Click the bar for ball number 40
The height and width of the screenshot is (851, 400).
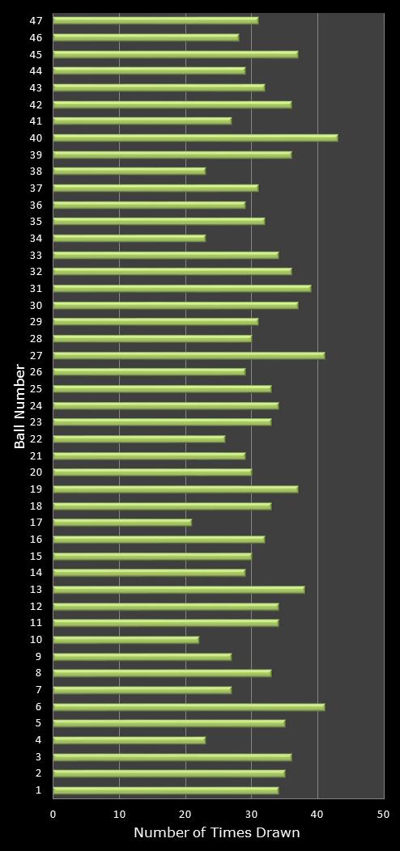[x=194, y=138]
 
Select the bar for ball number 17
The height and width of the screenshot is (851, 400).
[x=121, y=523]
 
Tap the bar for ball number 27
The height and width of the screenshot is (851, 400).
[x=188, y=355]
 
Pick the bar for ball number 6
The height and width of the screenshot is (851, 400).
[x=188, y=707]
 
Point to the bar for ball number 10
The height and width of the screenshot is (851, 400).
[x=126, y=640]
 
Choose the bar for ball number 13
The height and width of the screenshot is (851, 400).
[x=178, y=590]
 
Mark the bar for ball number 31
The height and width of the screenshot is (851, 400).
[x=181, y=288]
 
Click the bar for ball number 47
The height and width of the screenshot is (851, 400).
[x=155, y=20]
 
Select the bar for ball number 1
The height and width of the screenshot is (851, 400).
[x=165, y=790]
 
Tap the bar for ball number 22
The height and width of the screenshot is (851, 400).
[x=138, y=439]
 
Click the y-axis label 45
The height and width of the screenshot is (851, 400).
[x=36, y=54]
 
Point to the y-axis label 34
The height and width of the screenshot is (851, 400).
[x=36, y=238]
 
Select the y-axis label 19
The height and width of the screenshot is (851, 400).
[x=36, y=489]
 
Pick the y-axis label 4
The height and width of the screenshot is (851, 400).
[x=39, y=740]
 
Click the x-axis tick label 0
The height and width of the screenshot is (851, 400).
[x=53, y=815]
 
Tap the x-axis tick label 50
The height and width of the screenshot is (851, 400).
[x=384, y=815]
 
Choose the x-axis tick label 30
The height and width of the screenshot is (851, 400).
[x=251, y=815]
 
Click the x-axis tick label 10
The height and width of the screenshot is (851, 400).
[x=119, y=815]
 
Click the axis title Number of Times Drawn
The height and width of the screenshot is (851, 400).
[x=216, y=833]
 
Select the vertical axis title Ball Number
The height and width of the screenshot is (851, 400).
[x=20, y=406]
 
